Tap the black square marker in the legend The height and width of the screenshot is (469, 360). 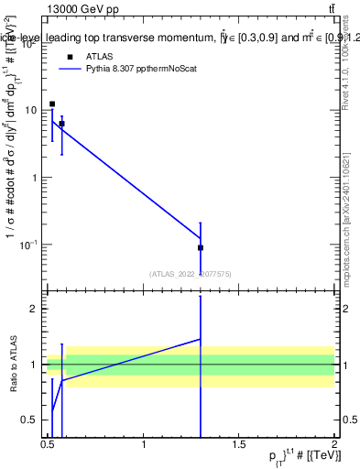[x=70, y=57]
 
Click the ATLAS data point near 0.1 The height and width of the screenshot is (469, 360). [x=200, y=247]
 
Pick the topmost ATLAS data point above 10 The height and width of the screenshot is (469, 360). [x=52, y=104]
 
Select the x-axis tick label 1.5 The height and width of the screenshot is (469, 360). [x=239, y=444]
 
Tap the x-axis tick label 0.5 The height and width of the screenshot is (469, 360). [x=49, y=444]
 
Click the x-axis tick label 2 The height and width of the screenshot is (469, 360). [x=334, y=444]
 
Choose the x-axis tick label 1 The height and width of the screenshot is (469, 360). [x=144, y=444]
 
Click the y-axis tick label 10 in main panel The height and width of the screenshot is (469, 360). [x=30, y=110]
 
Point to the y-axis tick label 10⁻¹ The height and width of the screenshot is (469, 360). [x=28, y=245]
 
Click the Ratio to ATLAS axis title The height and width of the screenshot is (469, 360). [x=12, y=365]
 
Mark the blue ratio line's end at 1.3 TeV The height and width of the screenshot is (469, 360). [x=200, y=339]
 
